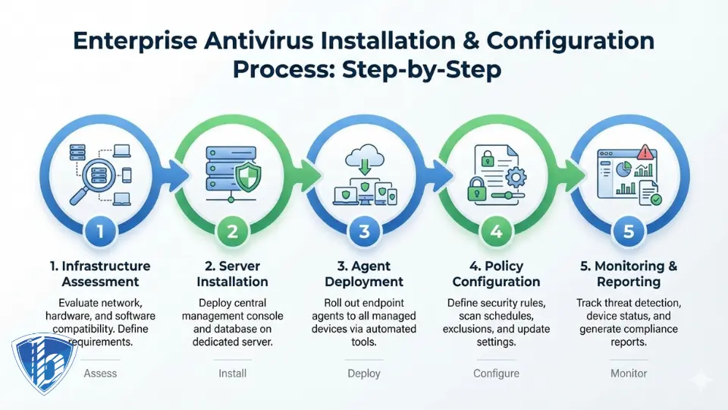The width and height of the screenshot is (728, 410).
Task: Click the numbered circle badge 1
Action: click(101, 232)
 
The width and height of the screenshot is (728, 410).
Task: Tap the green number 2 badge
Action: click(233, 232)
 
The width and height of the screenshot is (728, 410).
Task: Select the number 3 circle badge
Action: click(365, 232)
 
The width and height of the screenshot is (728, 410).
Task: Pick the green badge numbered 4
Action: click(497, 232)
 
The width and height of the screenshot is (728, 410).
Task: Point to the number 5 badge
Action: click(629, 232)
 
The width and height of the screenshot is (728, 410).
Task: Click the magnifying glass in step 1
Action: click(86, 182)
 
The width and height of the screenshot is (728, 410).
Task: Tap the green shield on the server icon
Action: click(246, 178)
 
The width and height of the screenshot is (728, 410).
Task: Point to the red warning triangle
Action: click(646, 151)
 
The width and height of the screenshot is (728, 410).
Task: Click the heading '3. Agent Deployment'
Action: click(365, 274)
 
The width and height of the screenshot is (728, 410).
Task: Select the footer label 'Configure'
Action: click(497, 374)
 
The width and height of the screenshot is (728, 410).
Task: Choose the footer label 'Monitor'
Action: click(629, 374)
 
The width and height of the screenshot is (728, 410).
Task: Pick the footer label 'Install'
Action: click(233, 374)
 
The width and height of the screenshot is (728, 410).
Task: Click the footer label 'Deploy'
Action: click(365, 374)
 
